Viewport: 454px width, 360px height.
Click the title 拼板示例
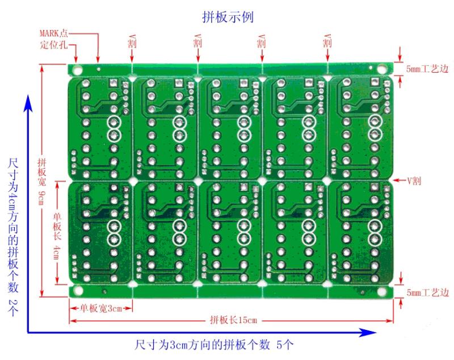(228, 18)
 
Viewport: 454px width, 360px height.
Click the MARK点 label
(55, 33)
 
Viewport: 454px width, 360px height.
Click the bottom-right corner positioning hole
(381, 291)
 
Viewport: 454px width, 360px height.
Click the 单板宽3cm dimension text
(101, 308)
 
